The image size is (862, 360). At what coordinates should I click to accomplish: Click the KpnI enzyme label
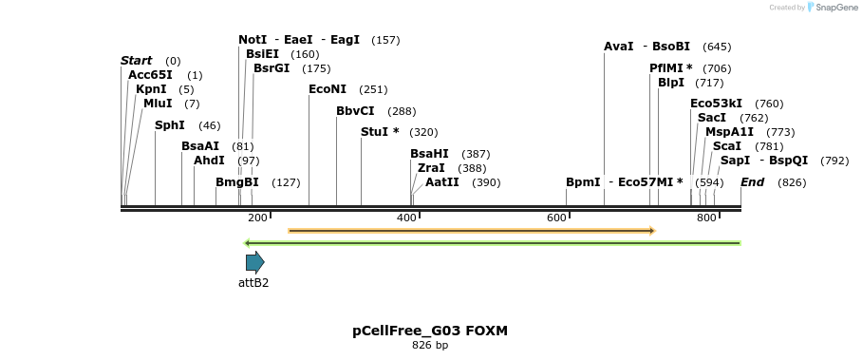[151, 89]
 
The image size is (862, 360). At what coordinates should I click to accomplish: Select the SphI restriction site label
[169, 125]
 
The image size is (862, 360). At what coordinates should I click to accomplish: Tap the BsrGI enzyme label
[272, 68]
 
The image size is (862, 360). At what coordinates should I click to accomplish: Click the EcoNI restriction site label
[328, 89]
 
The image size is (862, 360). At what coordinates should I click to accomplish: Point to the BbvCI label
[355, 111]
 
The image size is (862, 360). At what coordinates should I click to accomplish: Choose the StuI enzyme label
[379, 132]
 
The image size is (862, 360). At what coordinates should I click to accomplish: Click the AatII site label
[441, 182]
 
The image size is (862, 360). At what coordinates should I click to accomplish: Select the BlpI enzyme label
[670, 83]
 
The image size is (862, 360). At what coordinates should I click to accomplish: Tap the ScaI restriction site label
[726, 146]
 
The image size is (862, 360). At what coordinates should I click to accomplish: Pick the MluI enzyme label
[158, 104]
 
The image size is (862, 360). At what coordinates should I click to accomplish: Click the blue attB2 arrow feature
[254, 262]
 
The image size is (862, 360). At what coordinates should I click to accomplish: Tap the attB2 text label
[253, 282]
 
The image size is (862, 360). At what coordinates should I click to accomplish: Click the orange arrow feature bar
[471, 231]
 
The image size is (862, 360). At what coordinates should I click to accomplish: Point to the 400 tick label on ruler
[406, 218]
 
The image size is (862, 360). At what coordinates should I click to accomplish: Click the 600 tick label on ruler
[556, 218]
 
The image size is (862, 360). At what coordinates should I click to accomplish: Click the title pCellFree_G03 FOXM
[430, 332]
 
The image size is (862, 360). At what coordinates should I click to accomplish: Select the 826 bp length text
[430, 346]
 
